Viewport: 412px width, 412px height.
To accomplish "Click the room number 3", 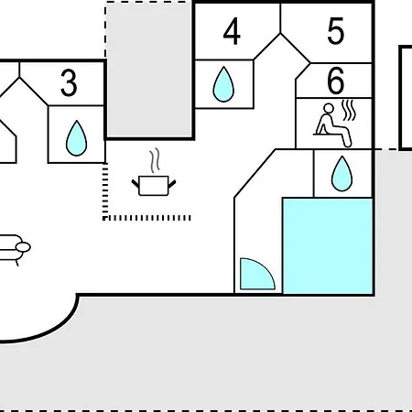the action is pos(69,83).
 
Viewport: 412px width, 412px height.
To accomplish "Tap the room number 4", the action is pos(232,31).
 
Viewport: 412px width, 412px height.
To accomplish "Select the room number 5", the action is pos(336,31).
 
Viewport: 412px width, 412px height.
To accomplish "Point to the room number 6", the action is pos(336,81).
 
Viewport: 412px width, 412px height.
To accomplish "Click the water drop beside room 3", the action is pos(76,138).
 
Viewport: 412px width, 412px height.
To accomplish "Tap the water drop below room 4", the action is pos(223,84).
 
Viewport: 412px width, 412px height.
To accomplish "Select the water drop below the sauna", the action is pos(342,174).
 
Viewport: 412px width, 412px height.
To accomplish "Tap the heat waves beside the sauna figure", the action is pos(349,110).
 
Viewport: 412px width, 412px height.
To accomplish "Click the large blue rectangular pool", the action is pos(328,246).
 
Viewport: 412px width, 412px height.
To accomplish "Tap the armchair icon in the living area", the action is pos(15,249).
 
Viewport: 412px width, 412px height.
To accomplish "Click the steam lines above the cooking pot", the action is pos(155,160).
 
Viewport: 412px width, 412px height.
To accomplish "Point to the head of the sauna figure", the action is pos(329,109).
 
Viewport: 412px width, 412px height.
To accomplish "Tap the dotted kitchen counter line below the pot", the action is pos(147,218).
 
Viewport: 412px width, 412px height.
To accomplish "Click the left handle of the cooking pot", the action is pos(136,184).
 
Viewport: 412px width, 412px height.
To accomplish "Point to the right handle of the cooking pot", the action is pos(172,184).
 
